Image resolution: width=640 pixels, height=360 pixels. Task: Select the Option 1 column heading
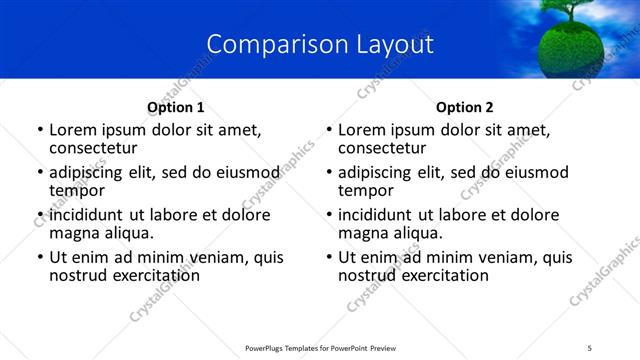tap(176, 108)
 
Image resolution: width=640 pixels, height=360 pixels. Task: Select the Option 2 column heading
tap(465, 108)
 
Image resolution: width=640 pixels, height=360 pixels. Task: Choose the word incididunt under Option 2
tap(381, 215)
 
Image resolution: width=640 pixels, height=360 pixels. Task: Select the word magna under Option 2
tap(363, 233)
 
